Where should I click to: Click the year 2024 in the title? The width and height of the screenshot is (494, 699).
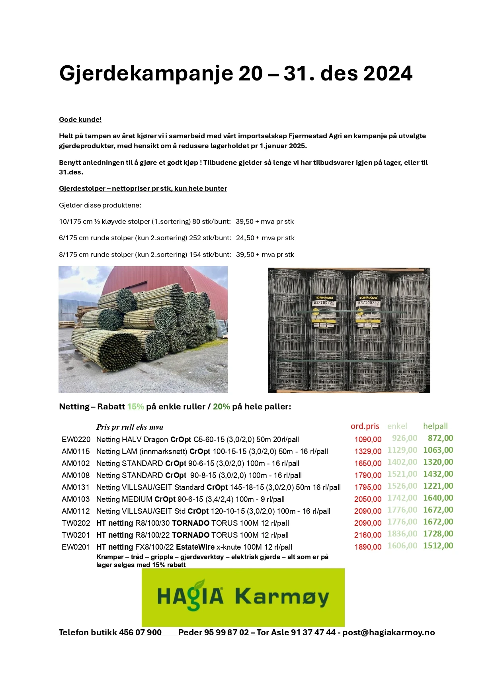[x=388, y=74]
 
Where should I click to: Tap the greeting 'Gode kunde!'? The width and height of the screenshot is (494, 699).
[x=80, y=119]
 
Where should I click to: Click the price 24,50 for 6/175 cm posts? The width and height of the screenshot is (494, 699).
[x=245, y=238]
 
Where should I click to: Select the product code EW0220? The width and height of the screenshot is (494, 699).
[x=76, y=440]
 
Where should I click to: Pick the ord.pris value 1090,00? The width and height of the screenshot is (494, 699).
[x=368, y=440]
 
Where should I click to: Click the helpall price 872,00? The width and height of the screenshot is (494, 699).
[x=440, y=438]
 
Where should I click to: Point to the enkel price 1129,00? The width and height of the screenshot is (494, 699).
[x=402, y=450]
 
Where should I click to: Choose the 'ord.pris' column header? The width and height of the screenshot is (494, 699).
[x=365, y=426]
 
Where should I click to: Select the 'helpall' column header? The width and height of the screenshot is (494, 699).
[x=435, y=426]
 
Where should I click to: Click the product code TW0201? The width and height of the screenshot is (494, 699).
[x=76, y=535]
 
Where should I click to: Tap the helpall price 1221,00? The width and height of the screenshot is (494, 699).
[x=438, y=486]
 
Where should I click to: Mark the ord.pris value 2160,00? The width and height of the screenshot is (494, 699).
[x=368, y=535]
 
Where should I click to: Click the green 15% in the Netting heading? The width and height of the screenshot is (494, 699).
[x=135, y=407]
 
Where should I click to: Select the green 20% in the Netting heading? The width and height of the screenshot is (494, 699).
[x=221, y=407]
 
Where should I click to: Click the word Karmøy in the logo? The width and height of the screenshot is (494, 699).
[x=282, y=597]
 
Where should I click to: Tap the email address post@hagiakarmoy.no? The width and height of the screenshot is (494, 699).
[x=389, y=632]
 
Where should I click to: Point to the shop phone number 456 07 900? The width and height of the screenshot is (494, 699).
[x=140, y=632]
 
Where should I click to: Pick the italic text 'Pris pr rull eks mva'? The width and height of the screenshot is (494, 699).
[x=130, y=427]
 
